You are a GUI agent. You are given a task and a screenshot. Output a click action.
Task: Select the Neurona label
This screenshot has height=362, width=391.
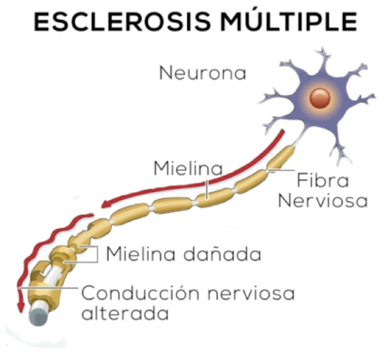(201, 72)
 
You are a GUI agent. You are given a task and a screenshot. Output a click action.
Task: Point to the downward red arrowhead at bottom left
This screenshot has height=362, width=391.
(20, 307)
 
